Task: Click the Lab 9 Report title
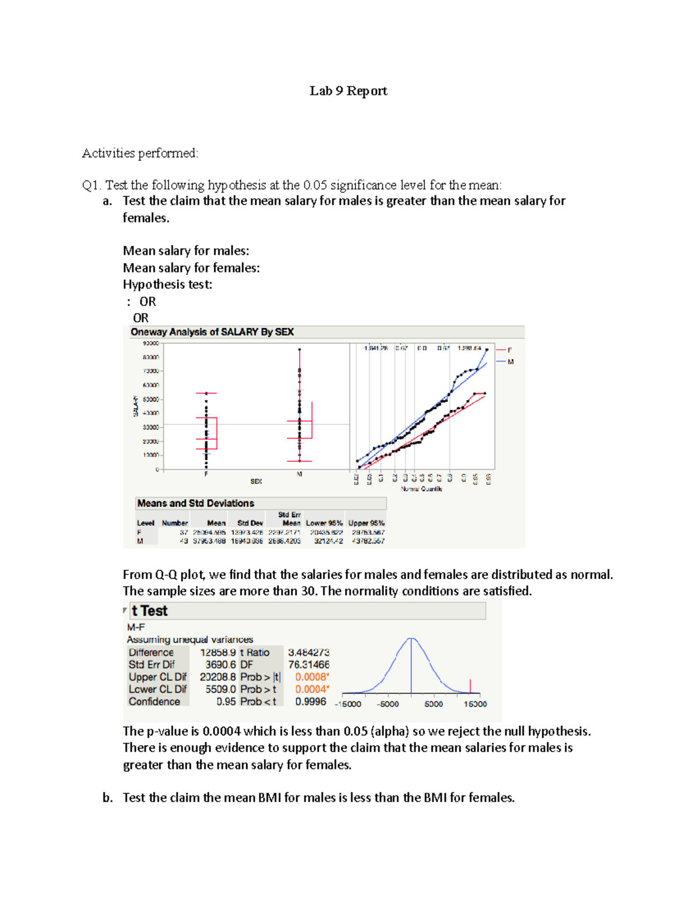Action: tap(348, 91)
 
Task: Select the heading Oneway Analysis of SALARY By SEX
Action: tap(212, 332)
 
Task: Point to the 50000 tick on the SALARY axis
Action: tap(150, 400)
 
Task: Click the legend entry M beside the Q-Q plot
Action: tap(511, 362)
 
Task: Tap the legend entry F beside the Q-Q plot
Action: tap(509, 350)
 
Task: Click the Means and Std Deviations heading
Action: tap(195, 504)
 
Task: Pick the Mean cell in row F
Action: tap(209, 532)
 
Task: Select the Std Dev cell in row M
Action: tap(246, 541)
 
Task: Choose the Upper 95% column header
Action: tap(366, 523)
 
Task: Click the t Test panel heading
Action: tap(149, 611)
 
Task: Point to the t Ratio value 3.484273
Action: tap(308, 652)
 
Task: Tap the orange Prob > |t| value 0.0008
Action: tap(311, 677)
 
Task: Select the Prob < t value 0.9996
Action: tap(310, 702)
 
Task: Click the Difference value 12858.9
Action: tap(218, 652)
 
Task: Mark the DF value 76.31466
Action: tap(308, 664)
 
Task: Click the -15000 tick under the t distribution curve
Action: tap(348, 704)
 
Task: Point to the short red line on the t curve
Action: tap(470, 686)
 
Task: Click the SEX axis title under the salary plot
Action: tap(256, 481)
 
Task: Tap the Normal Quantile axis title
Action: tap(421, 489)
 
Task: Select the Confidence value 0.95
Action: tap(226, 702)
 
